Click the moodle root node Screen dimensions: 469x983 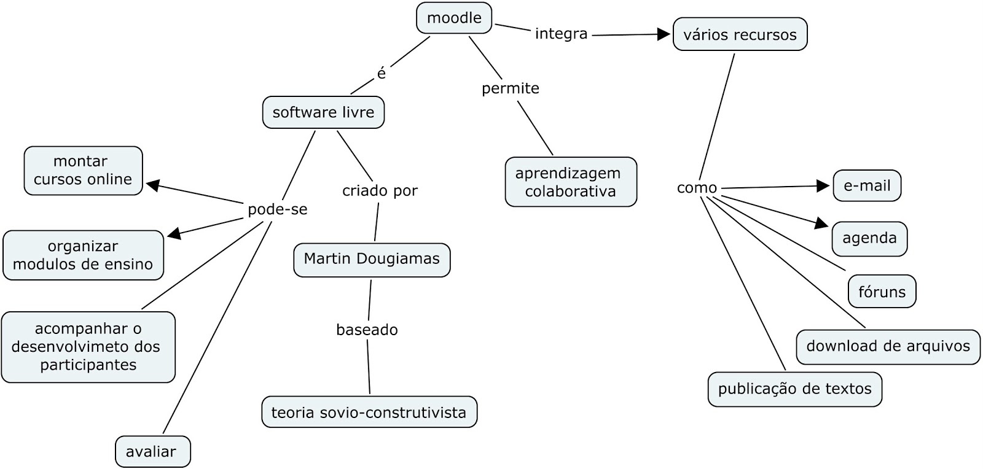pos(454,18)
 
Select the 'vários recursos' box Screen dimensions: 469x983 pos(740,34)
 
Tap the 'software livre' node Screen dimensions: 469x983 pos(323,112)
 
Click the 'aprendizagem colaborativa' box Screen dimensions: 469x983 pos(571,182)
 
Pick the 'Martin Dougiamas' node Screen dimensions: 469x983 pos(372,260)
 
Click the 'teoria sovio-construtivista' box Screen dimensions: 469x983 pos(369,413)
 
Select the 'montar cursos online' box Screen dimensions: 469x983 pos(83,171)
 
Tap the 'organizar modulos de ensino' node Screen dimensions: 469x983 pos(83,255)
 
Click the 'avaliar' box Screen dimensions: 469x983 pos(152,452)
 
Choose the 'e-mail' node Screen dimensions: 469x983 pos(866,186)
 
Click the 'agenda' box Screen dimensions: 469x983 pos(869,239)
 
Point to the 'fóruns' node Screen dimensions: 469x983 pos(882,292)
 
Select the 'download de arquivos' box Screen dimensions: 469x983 pos(888,347)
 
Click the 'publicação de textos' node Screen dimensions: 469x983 pos(794,389)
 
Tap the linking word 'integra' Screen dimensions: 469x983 pos(561,34)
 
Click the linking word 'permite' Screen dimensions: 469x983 pos(510,88)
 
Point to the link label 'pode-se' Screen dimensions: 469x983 pos(277,210)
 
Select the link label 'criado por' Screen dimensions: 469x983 pos(380,191)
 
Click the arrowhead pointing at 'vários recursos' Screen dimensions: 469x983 pos(664,34)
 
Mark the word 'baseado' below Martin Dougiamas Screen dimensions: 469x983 pos(367,330)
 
